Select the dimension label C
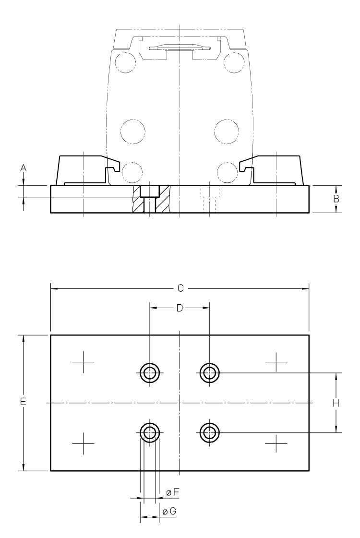click(x=180, y=288)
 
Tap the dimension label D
click(x=179, y=308)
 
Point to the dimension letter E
click(x=23, y=403)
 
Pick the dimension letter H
click(x=336, y=403)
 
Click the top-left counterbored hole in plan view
click(x=150, y=372)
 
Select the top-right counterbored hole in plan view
click(x=210, y=372)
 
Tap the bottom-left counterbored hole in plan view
click(x=150, y=432)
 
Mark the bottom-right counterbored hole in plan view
click(x=210, y=432)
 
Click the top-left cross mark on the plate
click(x=83, y=362)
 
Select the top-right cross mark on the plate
click(x=276, y=362)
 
